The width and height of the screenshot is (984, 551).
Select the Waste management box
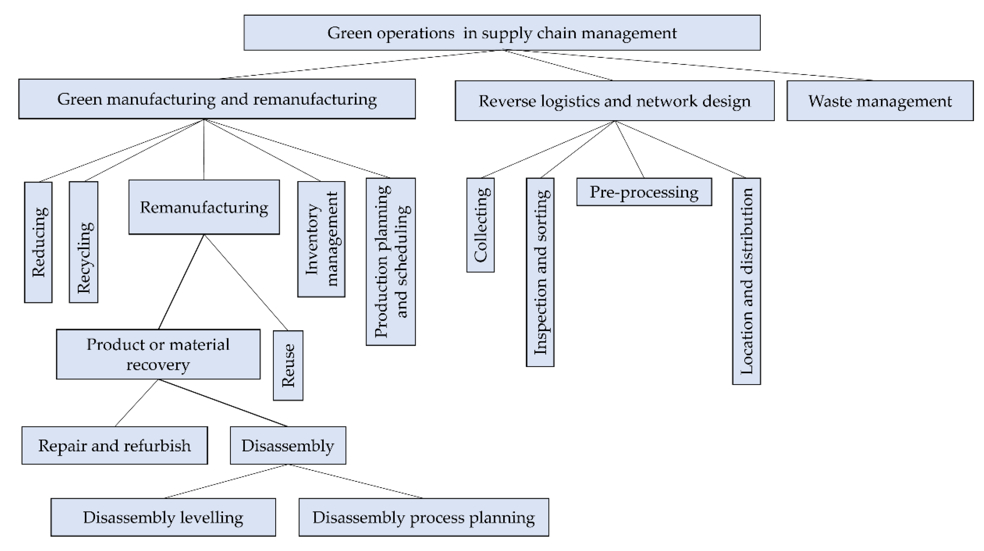880,101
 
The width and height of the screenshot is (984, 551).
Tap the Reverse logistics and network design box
614,101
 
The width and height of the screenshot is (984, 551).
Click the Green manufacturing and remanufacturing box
217,99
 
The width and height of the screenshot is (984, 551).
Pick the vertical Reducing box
38,242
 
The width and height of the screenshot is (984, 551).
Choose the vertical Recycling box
83,242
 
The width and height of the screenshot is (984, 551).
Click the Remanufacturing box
204,207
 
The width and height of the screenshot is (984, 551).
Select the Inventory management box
321,239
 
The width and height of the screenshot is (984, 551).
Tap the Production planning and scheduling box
390,262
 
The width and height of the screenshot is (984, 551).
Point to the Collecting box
480,225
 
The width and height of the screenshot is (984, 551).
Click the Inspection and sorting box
540,272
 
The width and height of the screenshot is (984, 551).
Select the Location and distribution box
746,281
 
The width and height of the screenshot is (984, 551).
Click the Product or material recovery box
158,354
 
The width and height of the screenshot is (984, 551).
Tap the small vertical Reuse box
288,365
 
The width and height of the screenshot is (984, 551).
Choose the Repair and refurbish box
115,446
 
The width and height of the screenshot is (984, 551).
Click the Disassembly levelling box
163,517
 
